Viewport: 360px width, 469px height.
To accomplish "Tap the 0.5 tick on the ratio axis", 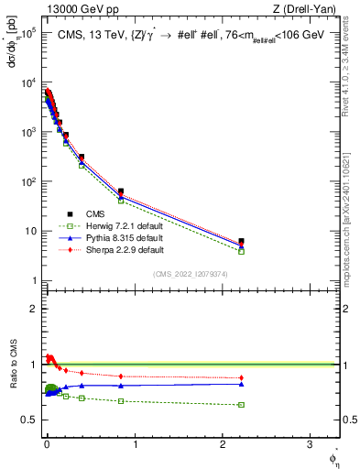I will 32,420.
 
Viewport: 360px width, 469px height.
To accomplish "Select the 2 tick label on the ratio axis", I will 36,309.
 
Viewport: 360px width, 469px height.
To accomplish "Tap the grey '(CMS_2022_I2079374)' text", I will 190,274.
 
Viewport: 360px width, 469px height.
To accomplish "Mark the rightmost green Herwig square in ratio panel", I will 242,404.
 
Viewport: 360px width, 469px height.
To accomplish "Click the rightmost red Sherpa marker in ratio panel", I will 242,377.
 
